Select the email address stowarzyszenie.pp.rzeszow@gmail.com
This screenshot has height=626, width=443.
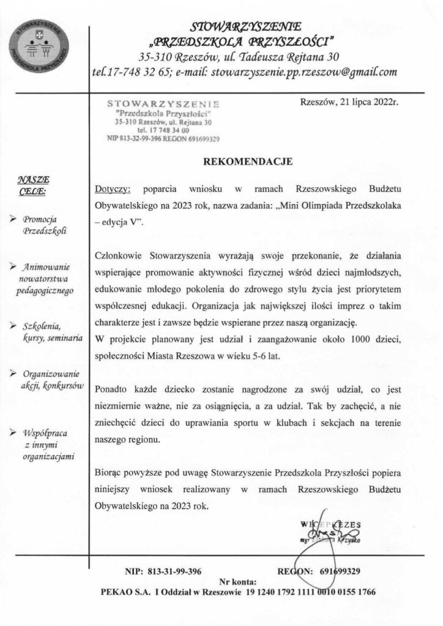click(303, 72)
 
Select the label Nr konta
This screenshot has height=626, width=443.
click(238, 581)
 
